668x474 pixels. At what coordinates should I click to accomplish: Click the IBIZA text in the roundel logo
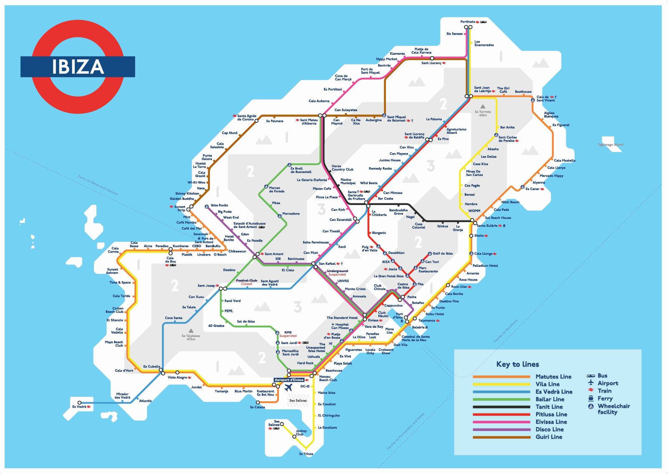78,67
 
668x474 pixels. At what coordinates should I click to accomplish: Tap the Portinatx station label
468,22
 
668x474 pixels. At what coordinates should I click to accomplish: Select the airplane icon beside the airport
288,388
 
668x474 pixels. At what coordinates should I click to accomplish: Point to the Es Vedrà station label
79,407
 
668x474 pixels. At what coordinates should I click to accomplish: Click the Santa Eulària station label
487,226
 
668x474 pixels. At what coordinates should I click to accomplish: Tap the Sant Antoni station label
273,254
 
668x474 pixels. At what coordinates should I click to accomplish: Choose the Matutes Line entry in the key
553,377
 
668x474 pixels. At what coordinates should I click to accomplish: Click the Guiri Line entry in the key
549,437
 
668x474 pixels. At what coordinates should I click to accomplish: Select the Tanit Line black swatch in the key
501,407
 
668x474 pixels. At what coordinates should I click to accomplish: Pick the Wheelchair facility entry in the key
613,409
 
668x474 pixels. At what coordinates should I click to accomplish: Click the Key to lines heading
517,364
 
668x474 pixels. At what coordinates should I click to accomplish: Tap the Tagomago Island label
610,145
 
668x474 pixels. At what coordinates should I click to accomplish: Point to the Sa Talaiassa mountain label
191,337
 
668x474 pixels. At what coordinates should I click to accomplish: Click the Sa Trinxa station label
306,454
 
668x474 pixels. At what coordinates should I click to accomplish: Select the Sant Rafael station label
327,264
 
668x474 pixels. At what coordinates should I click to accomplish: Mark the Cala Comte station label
113,250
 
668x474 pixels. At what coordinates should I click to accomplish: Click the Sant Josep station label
206,286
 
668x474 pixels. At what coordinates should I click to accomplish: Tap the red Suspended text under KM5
288,336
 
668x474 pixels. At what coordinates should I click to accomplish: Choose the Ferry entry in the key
605,398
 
